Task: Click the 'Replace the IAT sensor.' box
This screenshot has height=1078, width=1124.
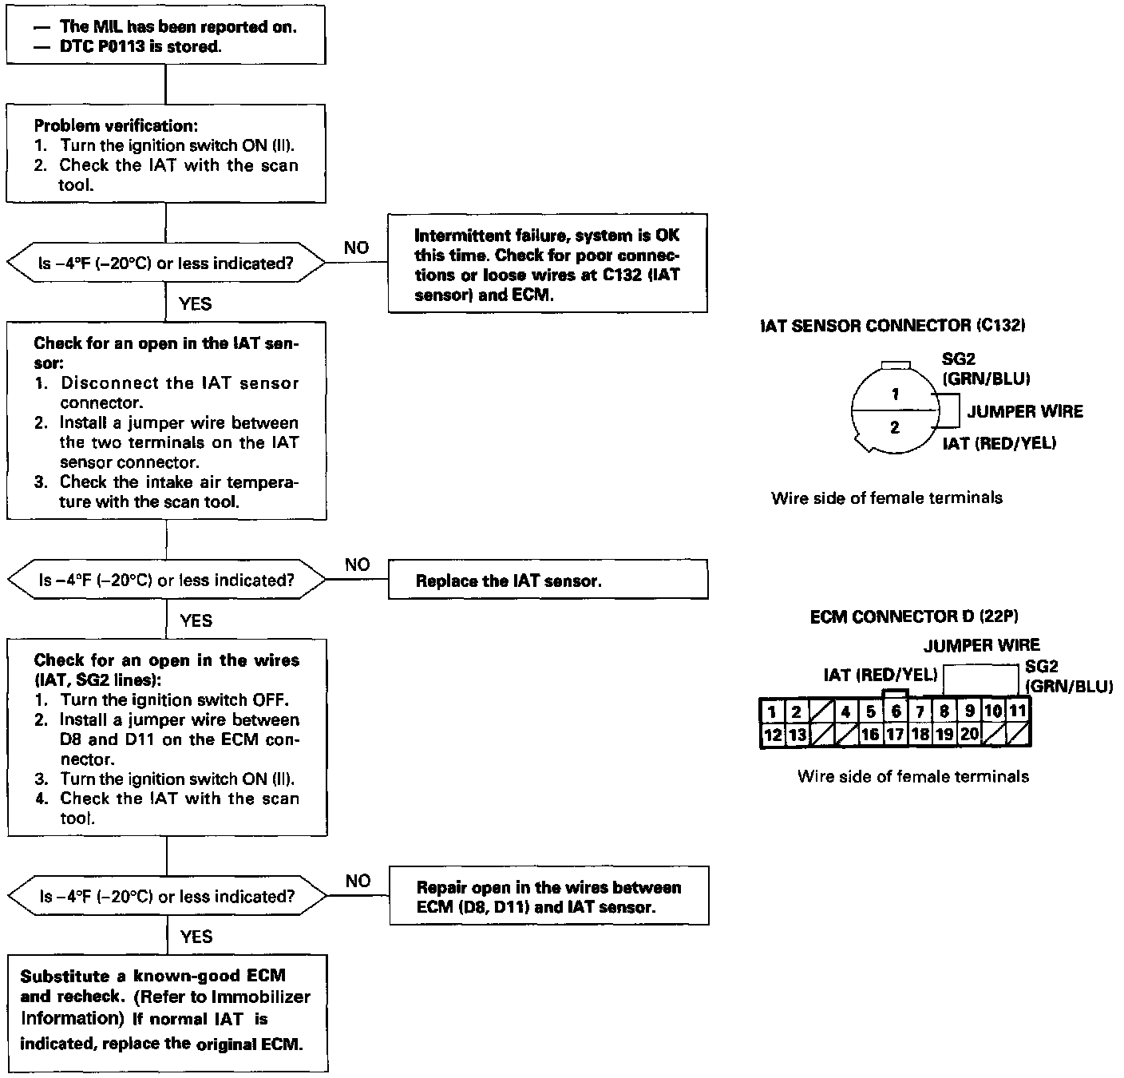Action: pyautogui.click(x=548, y=580)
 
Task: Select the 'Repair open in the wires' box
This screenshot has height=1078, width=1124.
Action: pyautogui.click(x=548, y=897)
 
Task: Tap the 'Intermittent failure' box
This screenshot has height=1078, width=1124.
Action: pyautogui.click(x=548, y=264)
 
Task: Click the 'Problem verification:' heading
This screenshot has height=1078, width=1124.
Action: pyautogui.click(x=116, y=125)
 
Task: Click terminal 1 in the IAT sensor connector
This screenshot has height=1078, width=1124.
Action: pyautogui.click(x=896, y=394)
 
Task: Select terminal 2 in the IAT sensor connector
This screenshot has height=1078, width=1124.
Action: pyautogui.click(x=895, y=427)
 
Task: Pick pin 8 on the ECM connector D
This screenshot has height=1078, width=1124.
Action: pyautogui.click(x=944, y=711)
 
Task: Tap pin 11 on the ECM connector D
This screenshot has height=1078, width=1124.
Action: pyautogui.click(x=1017, y=711)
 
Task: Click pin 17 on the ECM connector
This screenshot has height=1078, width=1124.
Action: pyautogui.click(x=895, y=735)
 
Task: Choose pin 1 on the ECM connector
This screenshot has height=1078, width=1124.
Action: pyautogui.click(x=772, y=711)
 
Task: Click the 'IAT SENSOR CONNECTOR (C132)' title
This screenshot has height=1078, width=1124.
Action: pyautogui.click(x=892, y=325)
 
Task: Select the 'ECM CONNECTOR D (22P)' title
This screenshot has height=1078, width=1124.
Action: pyautogui.click(x=914, y=616)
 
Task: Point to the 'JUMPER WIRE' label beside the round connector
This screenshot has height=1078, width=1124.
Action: pyautogui.click(x=1025, y=411)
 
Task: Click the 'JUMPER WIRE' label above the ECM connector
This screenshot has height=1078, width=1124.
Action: pyautogui.click(x=981, y=645)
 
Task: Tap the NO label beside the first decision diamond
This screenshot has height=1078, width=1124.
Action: pyautogui.click(x=356, y=248)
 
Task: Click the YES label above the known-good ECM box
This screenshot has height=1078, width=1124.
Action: pyautogui.click(x=196, y=936)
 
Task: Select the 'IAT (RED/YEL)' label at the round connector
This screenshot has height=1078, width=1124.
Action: pyautogui.click(x=999, y=443)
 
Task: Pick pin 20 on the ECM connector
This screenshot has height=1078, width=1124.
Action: pyautogui.click(x=968, y=735)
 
